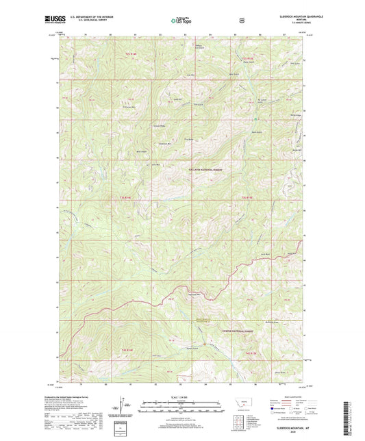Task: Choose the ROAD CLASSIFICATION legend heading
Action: point(288,396)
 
